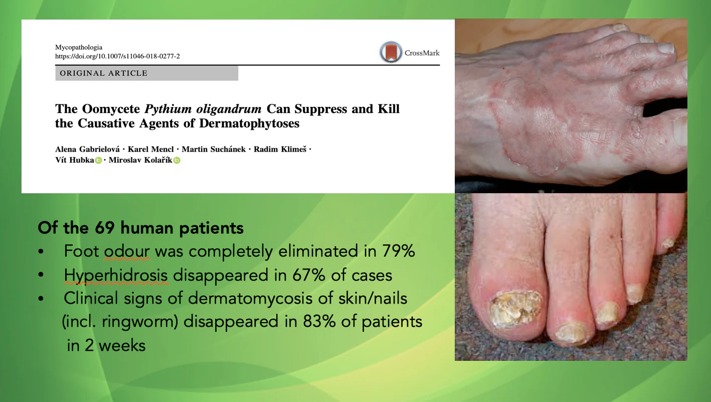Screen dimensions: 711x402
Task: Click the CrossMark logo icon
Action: (391, 52)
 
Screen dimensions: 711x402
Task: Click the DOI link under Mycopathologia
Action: (117, 56)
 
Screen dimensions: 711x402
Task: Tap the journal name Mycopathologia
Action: (79, 47)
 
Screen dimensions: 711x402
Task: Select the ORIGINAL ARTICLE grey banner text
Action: (103, 73)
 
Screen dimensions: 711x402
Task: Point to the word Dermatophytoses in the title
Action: (249, 123)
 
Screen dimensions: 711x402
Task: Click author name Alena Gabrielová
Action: (87, 149)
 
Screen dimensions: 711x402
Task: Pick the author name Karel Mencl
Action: (151, 149)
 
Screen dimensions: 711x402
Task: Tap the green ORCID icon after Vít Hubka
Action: (98, 161)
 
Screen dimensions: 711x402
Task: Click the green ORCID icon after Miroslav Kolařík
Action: (177, 161)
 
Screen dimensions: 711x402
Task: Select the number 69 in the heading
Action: (104, 228)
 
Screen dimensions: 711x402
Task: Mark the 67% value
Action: (309, 275)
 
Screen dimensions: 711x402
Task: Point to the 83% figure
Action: (319, 321)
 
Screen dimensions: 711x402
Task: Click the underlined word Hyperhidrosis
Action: (116, 275)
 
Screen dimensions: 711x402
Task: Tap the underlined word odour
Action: (127, 251)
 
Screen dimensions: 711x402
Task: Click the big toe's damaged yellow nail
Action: (514, 308)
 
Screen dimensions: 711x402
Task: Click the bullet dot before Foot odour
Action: (41, 251)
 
